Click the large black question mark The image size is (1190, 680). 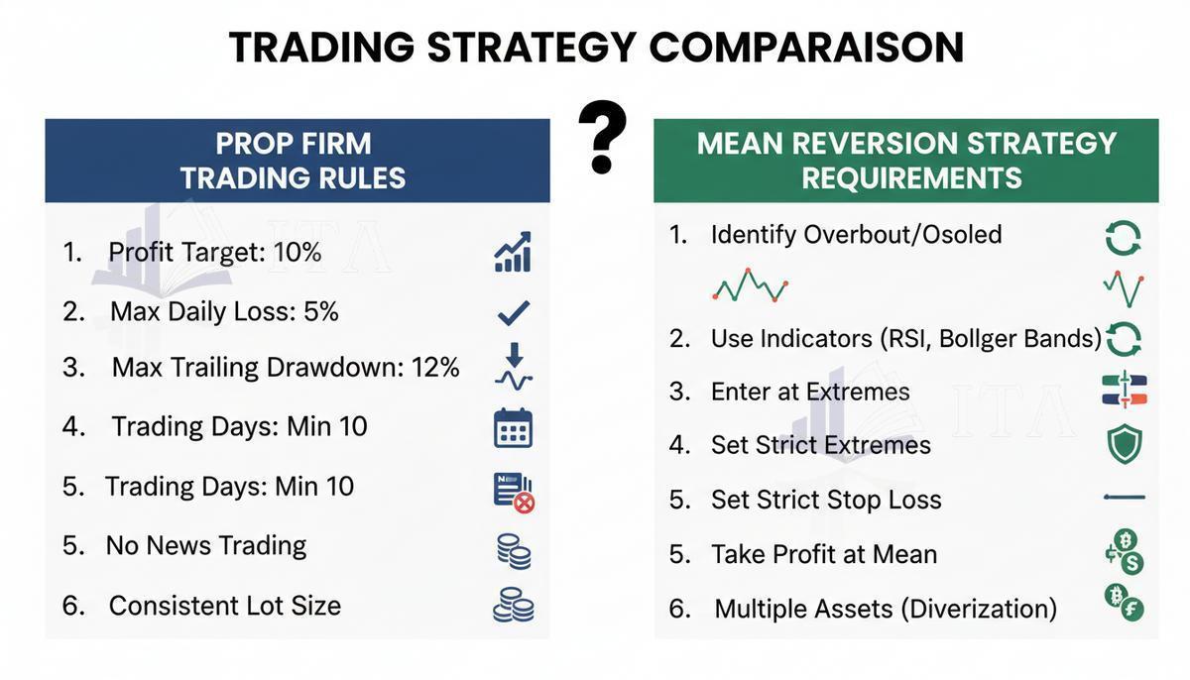(602, 137)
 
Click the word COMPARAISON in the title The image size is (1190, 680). (806, 48)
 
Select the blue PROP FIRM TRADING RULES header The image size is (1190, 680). (297, 161)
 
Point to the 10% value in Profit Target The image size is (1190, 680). (297, 252)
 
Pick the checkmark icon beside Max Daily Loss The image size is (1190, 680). (514, 312)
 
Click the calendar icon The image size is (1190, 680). (514, 428)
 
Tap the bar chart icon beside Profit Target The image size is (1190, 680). (513, 252)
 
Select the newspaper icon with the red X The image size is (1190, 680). (514, 493)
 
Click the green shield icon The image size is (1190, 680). (1125, 444)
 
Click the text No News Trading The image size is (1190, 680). (206, 546)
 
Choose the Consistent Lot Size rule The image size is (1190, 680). (225, 606)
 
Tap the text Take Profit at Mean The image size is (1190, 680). (824, 554)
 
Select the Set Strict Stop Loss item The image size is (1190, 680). (826, 500)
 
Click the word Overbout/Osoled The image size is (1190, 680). (902, 234)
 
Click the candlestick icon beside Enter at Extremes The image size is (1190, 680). (1125, 390)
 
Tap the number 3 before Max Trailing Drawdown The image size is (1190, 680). (72, 368)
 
